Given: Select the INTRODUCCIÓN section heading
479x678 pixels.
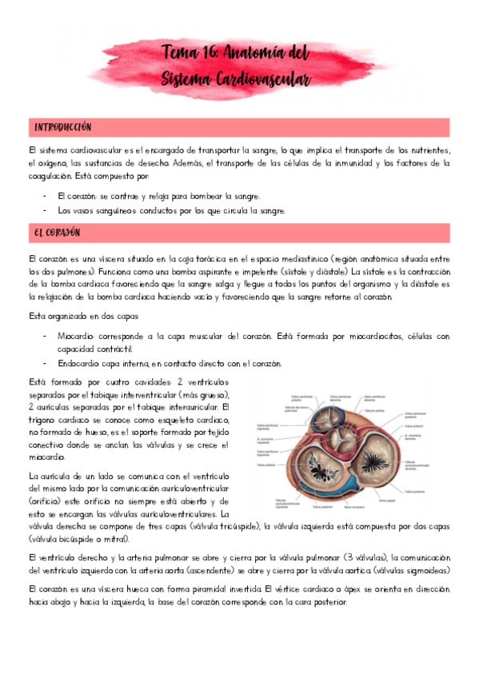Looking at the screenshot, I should click(62, 128).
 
